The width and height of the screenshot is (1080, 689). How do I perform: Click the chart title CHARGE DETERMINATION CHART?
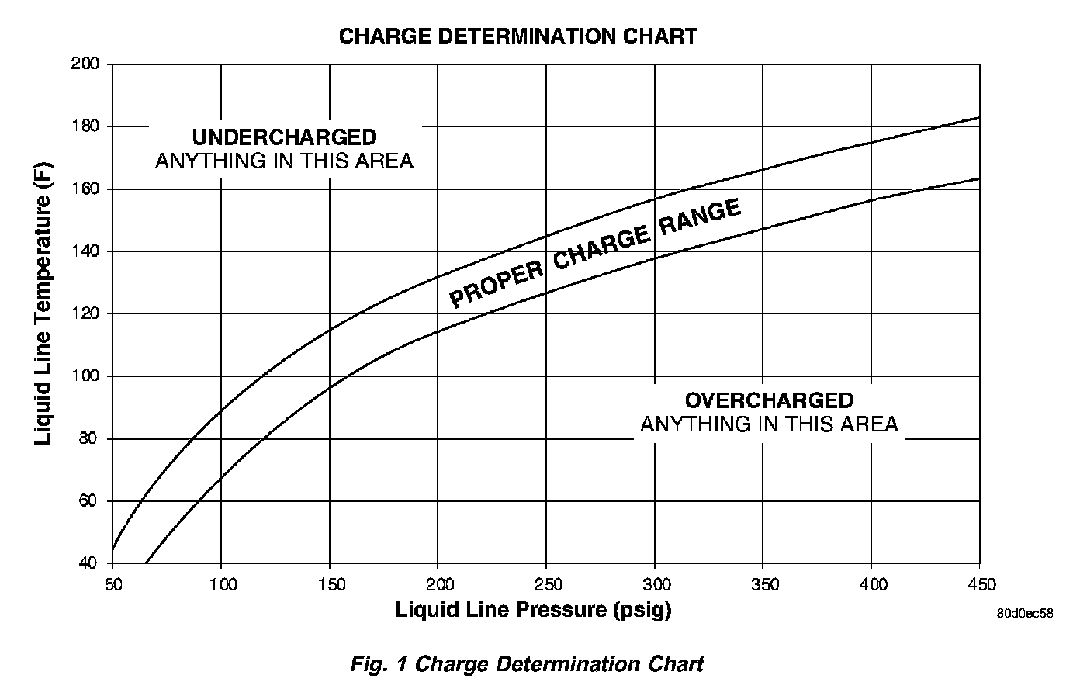tap(517, 36)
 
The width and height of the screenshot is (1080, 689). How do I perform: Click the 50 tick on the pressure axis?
tap(113, 583)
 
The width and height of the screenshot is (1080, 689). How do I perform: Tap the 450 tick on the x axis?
tap(980, 583)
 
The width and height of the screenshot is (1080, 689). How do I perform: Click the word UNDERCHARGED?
tap(284, 137)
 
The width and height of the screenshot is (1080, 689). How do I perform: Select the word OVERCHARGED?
tap(768, 400)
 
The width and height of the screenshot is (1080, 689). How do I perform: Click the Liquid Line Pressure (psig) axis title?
tap(533, 610)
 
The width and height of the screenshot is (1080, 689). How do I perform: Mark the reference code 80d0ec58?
tap(1025, 613)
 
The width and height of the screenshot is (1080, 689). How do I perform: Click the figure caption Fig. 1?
tap(527, 664)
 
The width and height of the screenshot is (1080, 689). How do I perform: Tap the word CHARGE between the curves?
tap(602, 248)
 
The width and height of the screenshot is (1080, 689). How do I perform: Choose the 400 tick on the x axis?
tap(871, 583)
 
